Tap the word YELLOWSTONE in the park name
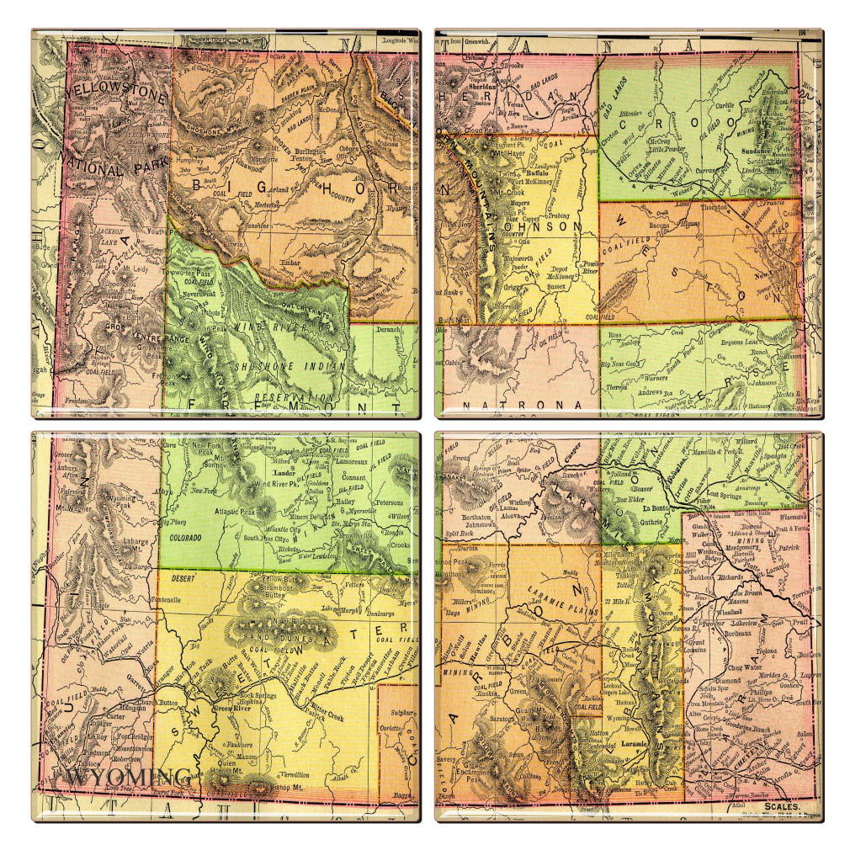[110, 90]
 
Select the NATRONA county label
[522, 406]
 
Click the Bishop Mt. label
[271, 787]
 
